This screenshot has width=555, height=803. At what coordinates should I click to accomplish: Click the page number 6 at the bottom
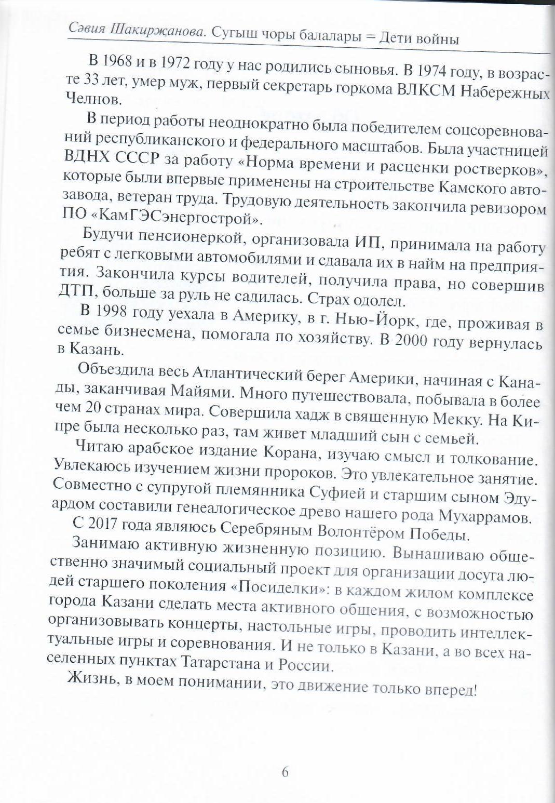pyautogui.click(x=285, y=772)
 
